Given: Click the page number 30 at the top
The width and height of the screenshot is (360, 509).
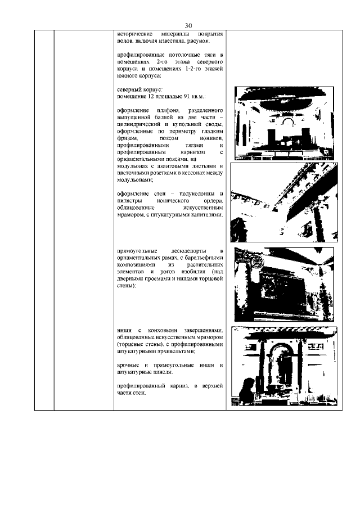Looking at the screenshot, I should [188, 25].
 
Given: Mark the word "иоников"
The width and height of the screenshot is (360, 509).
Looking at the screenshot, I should [212, 138].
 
